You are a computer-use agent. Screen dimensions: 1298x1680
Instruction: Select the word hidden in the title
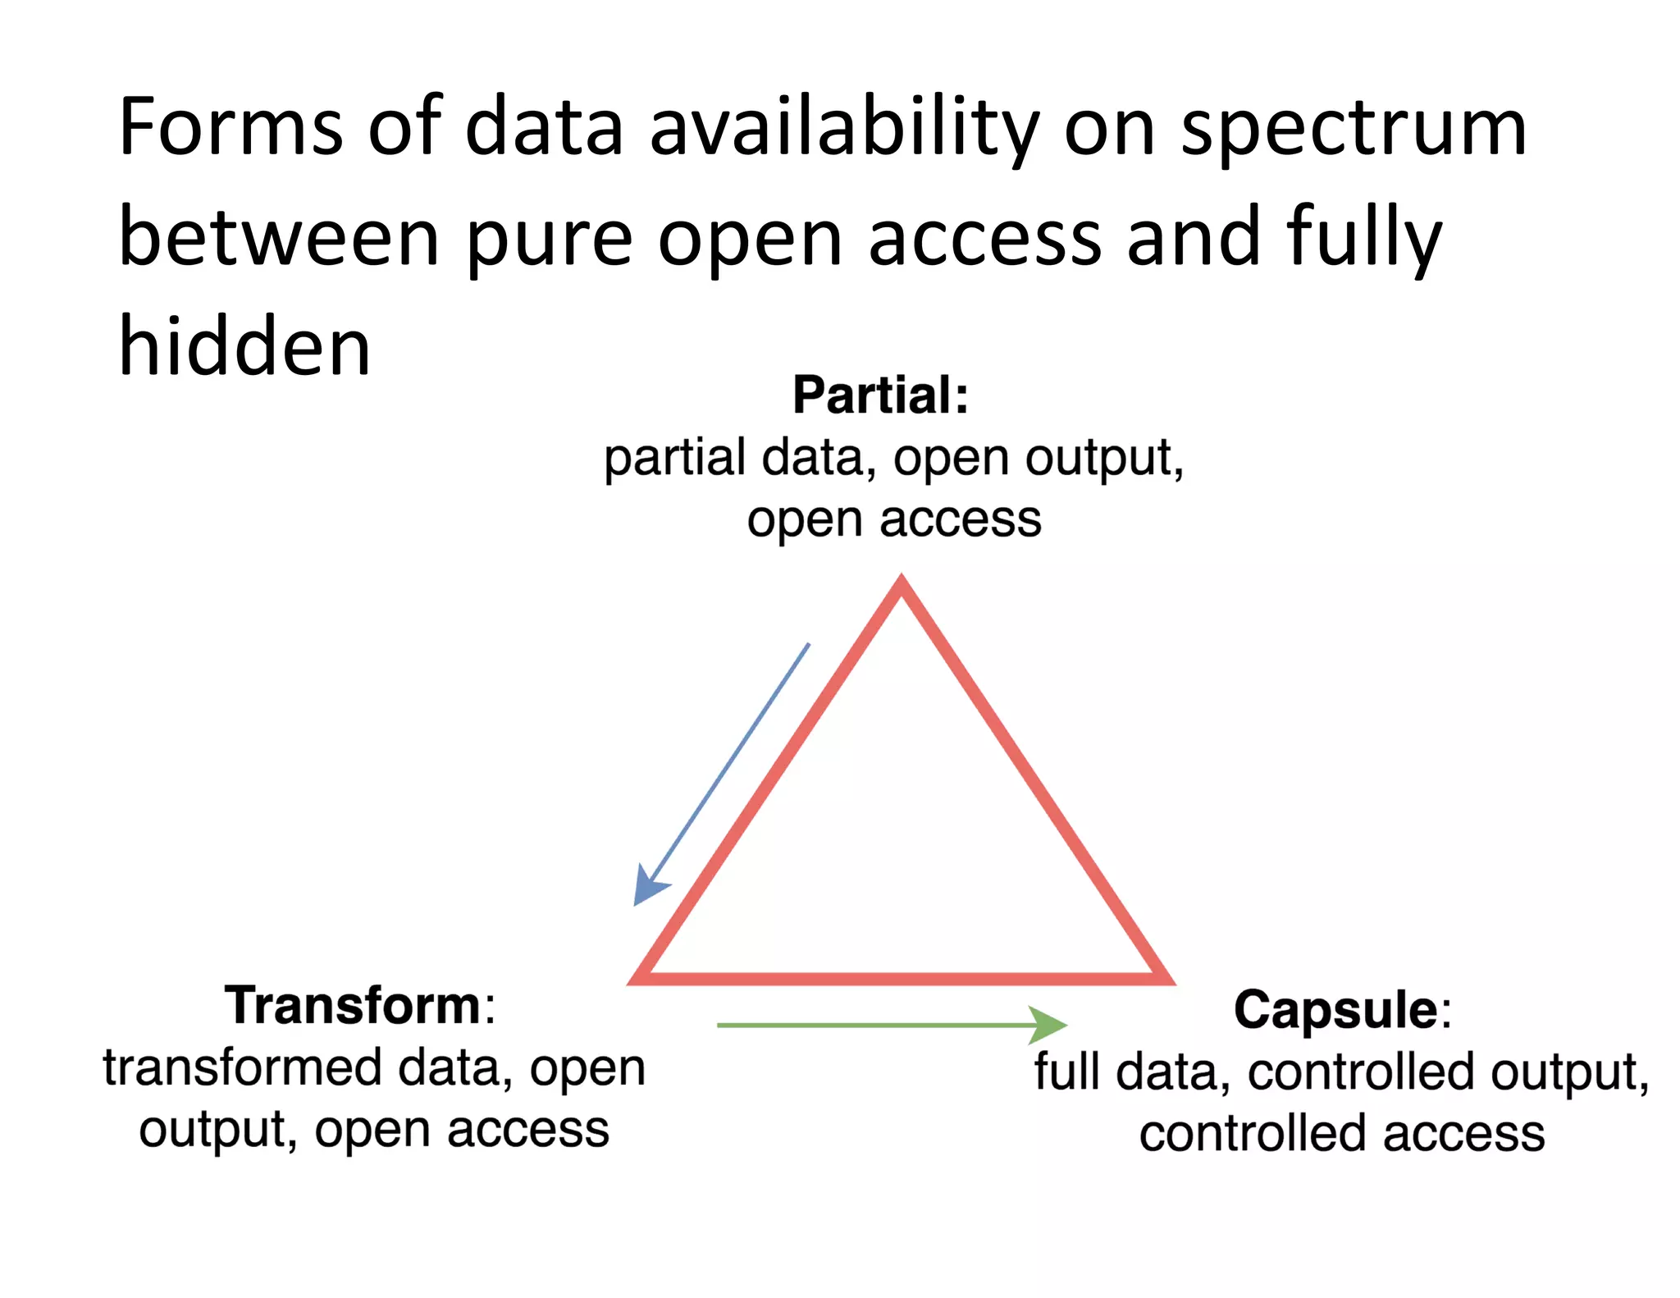[x=244, y=347]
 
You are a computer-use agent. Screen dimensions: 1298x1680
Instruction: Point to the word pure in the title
[x=550, y=240]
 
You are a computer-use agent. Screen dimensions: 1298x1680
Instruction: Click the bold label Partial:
[x=880, y=395]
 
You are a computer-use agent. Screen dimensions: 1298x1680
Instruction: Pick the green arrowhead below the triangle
[x=1048, y=1025]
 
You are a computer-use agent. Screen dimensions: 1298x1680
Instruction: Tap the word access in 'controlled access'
[x=1463, y=1134]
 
